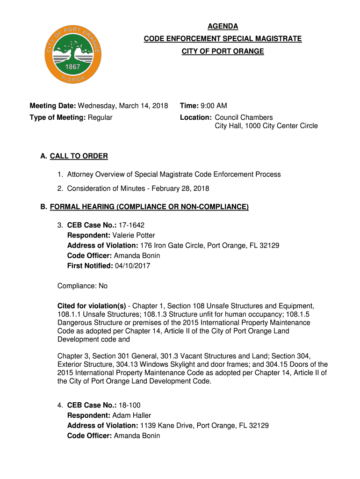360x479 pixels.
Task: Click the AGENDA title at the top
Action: point(223,27)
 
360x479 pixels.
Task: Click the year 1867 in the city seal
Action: point(72,66)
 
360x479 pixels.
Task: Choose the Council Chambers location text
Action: point(244,117)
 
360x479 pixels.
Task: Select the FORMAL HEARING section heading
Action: point(149,207)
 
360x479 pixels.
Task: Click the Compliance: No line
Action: point(82,286)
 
